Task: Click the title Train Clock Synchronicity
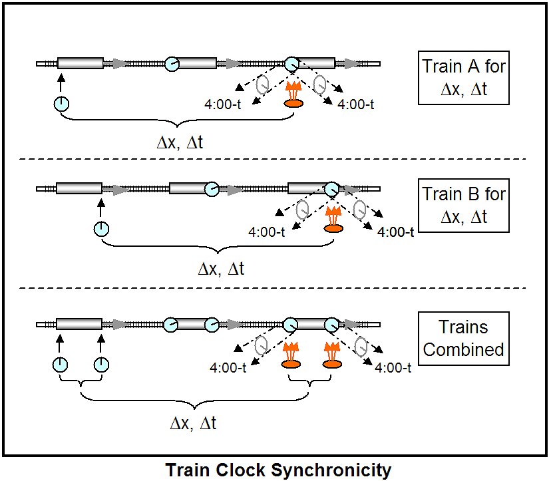(x=278, y=470)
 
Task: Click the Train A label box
(x=464, y=78)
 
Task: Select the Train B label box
(x=464, y=205)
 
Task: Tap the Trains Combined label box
(x=464, y=338)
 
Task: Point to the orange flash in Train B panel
(x=333, y=220)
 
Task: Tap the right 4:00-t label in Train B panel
(x=395, y=232)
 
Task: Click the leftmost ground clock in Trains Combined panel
(x=60, y=364)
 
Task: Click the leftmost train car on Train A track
(x=81, y=64)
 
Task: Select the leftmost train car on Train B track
(x=79, y=189)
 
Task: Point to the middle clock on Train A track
(x=172, y=64)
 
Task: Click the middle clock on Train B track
(x=212, y=189)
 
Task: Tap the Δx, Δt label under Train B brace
(x=222, y=269)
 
